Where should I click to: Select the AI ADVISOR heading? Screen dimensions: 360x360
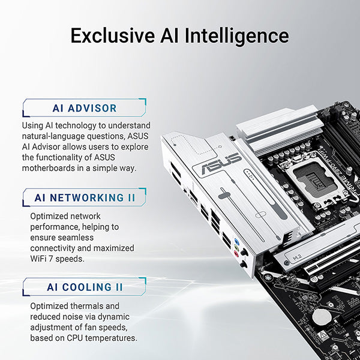[85, 109]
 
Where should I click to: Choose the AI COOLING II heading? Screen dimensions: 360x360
[85, 287]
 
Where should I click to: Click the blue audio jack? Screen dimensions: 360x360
[238, 244]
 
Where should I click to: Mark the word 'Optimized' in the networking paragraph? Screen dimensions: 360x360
[52, 216]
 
